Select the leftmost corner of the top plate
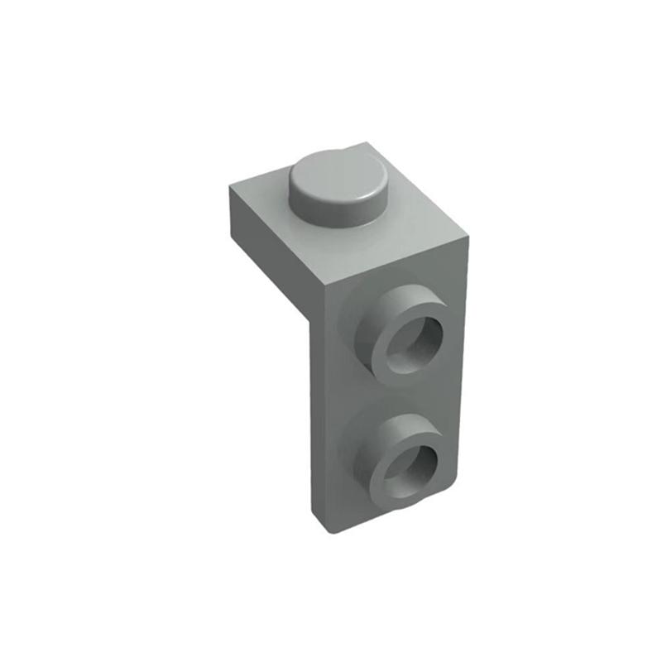[x=228, y=189]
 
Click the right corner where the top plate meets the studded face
[x=467, y=240]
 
